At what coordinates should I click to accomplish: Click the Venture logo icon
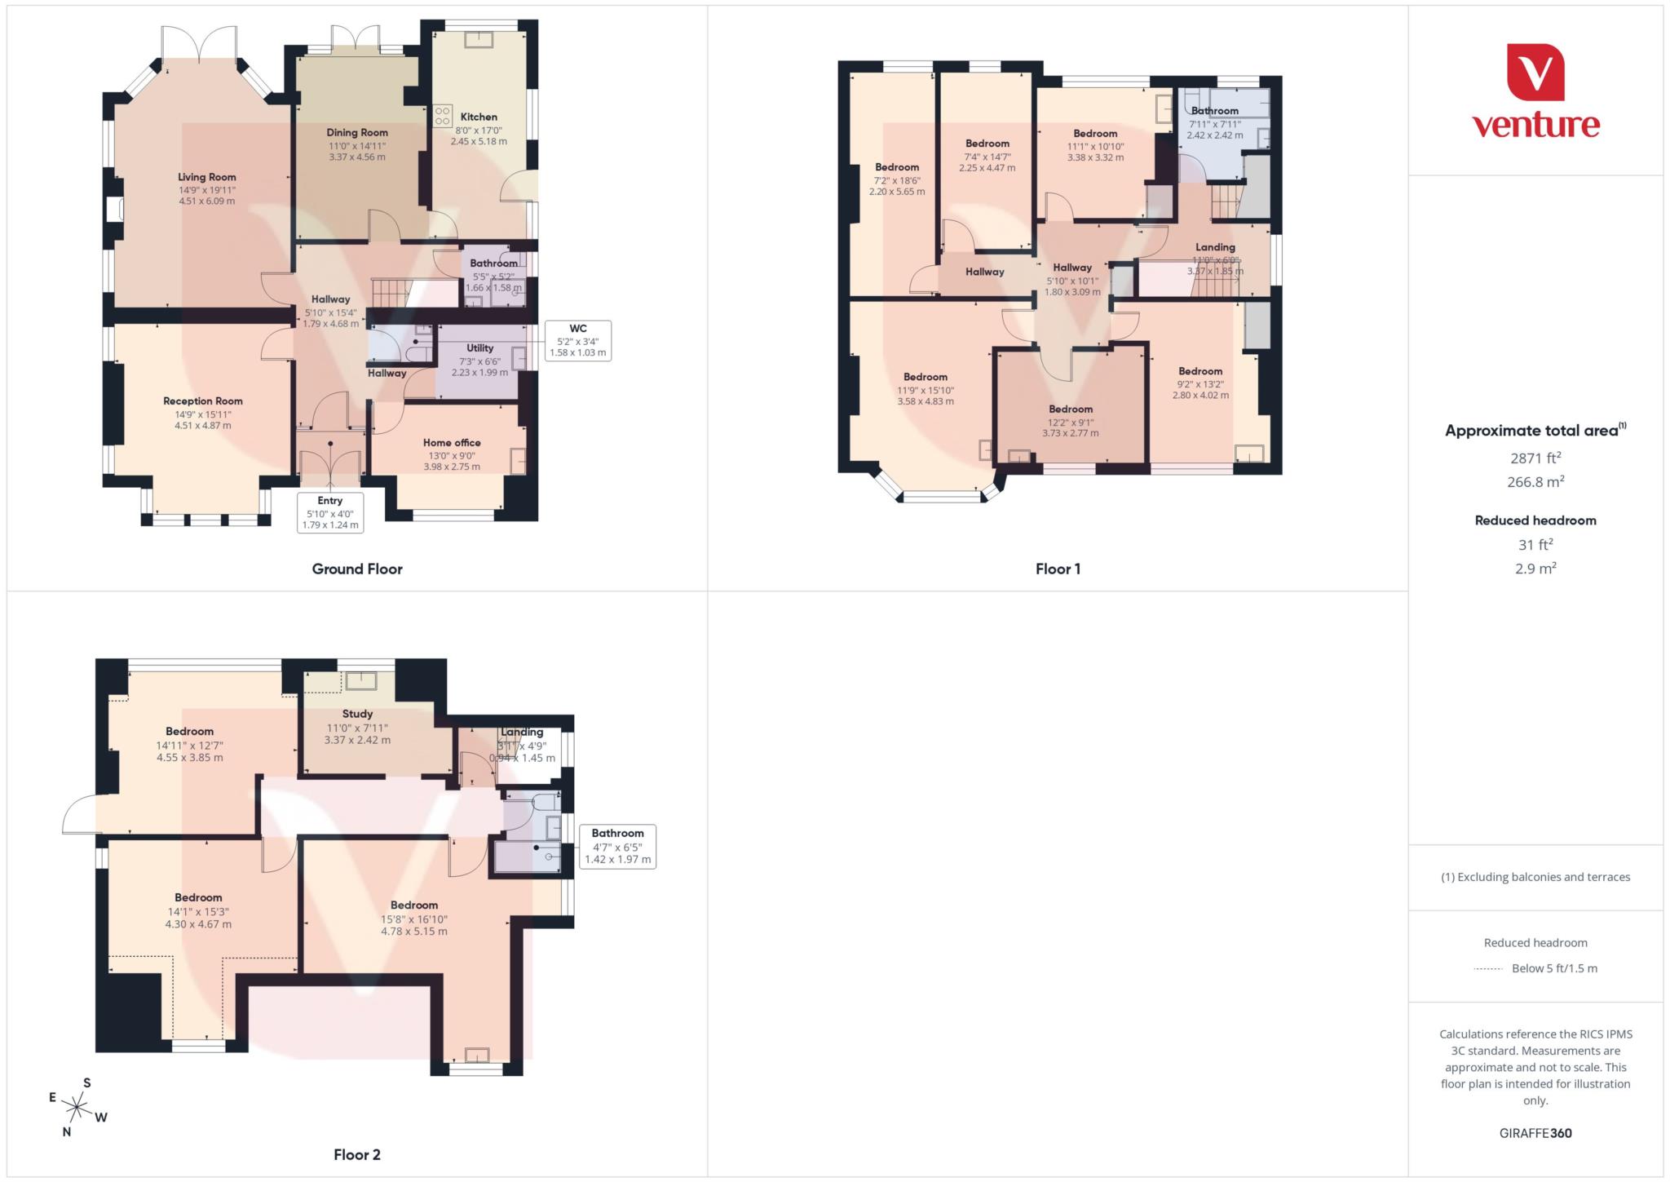[1535, 73]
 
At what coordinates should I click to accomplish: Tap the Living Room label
[207, 177]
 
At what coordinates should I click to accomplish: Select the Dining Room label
[357, 132]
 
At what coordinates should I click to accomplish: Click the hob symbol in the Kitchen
[443, 116]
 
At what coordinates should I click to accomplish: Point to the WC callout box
[577, 340]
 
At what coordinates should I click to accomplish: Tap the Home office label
[452, 443]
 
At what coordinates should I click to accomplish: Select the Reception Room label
[203, 401]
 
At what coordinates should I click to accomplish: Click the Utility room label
[479, 348]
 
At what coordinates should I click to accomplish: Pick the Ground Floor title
[357, 569]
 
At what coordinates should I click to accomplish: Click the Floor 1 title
[1058, 569]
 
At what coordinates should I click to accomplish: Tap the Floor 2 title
[357, 1154]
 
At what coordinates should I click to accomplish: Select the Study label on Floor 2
[357, 714]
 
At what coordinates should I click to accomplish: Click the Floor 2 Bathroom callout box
[617, 846]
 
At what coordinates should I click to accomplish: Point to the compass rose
[77, 1107]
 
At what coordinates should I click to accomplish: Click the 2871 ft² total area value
[1535, 458]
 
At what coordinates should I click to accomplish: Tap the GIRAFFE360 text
[1535, 1133]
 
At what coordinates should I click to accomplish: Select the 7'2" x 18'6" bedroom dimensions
[897, 179]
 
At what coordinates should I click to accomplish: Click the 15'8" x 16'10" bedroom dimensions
[414, 919]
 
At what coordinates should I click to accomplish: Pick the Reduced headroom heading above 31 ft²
[1535, 520]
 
